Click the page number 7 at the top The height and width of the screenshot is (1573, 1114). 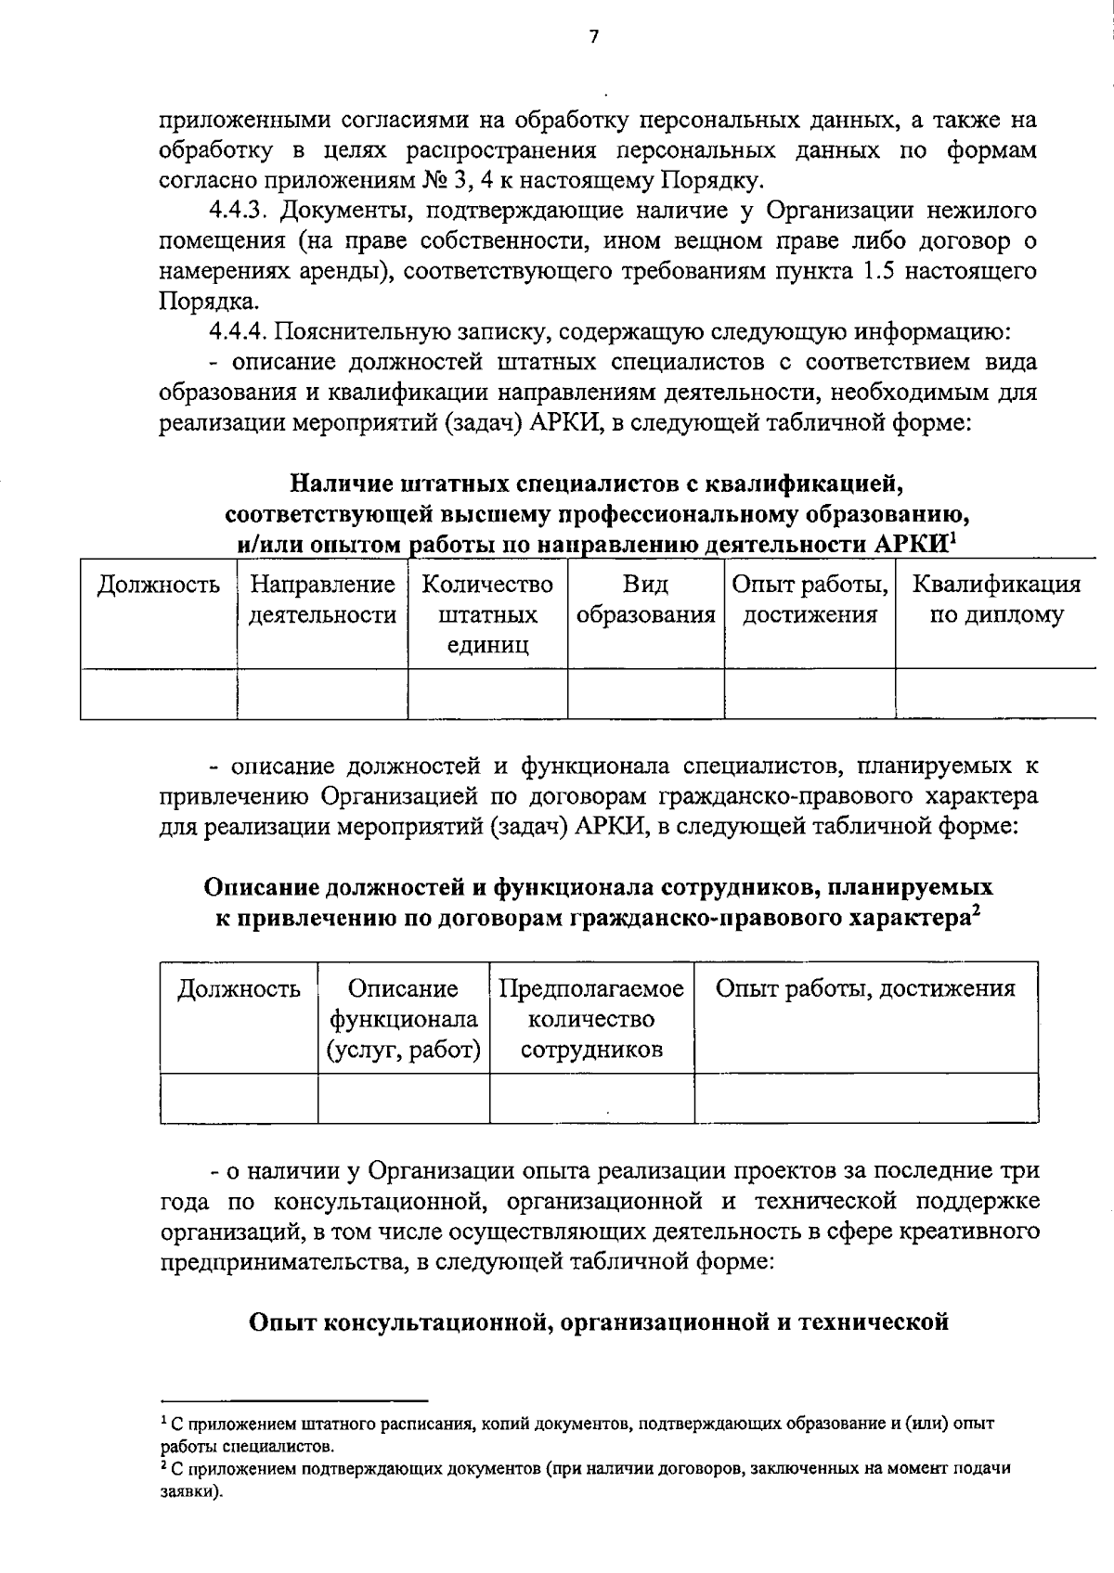594,36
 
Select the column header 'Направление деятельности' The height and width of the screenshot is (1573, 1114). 322,600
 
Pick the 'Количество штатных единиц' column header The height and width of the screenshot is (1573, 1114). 487,614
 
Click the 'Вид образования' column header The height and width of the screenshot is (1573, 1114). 645,600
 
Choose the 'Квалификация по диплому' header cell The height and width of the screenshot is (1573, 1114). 996,600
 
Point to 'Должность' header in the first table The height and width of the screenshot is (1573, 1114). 159,585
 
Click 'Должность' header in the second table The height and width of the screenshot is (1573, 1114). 239,989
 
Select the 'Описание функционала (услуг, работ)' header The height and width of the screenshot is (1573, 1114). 404,1019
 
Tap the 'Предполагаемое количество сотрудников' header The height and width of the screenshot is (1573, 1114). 591,1019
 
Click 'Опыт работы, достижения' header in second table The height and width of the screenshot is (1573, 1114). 865,989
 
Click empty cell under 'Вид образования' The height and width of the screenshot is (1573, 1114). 645,693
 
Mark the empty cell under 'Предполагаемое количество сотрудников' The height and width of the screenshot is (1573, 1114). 591,1099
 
